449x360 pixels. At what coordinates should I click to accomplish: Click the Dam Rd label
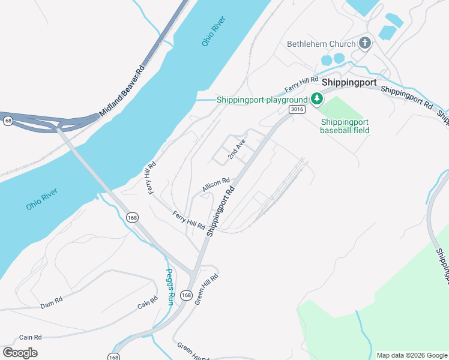52,304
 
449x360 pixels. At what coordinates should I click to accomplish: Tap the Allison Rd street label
216,185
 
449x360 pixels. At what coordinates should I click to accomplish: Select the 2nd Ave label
237,149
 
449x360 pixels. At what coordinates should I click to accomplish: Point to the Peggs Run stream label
169,287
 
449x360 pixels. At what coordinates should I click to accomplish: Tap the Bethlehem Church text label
321,44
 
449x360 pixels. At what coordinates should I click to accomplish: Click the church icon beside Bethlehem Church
364,43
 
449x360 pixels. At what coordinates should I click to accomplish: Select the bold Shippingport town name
349,82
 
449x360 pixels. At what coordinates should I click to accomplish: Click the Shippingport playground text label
262,100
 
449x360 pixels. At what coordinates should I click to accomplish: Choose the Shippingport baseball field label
345,125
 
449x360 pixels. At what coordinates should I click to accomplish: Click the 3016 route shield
297,109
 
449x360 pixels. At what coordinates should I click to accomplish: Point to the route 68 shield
7,121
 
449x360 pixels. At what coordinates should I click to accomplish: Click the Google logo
20,352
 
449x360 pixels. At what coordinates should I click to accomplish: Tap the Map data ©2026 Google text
411,355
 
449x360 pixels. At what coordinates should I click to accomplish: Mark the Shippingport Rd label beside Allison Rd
220,210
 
